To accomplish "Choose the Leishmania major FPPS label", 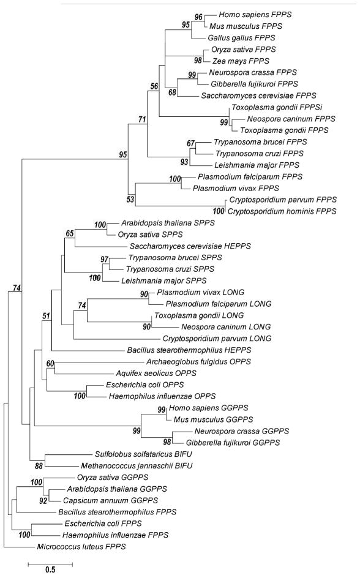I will pyautogui.click(x=235, y=164).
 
